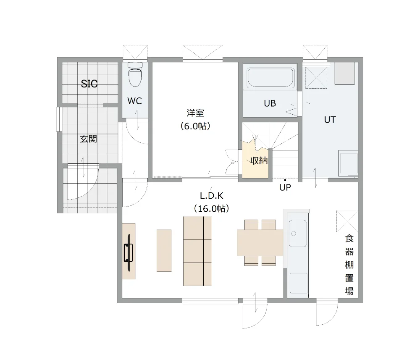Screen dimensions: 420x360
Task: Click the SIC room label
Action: [89, 84]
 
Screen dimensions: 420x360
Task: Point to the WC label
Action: [134, 101]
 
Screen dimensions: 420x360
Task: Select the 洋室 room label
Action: [195, 113]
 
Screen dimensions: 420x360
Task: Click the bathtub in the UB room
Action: [270, 78]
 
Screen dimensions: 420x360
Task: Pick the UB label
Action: [270, 103]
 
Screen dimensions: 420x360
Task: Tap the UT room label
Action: [330, 120]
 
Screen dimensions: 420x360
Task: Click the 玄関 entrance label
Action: [88, 139]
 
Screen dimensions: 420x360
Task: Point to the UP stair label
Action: [285, 187]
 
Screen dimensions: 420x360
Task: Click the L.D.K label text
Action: [212, 196]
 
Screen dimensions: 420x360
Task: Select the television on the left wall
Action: [129, 252]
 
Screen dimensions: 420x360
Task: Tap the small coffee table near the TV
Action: [164, 251]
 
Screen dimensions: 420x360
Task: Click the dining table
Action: [260, 243]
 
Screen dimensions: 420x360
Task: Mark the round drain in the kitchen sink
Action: [294, 234]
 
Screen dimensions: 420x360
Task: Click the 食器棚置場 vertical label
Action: [349, 265]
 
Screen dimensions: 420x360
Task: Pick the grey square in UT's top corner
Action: [344, 74]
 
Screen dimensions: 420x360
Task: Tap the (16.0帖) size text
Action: [212, 209]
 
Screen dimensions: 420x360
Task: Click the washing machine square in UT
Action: [348, 163]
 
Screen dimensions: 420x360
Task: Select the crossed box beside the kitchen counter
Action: [347, 221]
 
